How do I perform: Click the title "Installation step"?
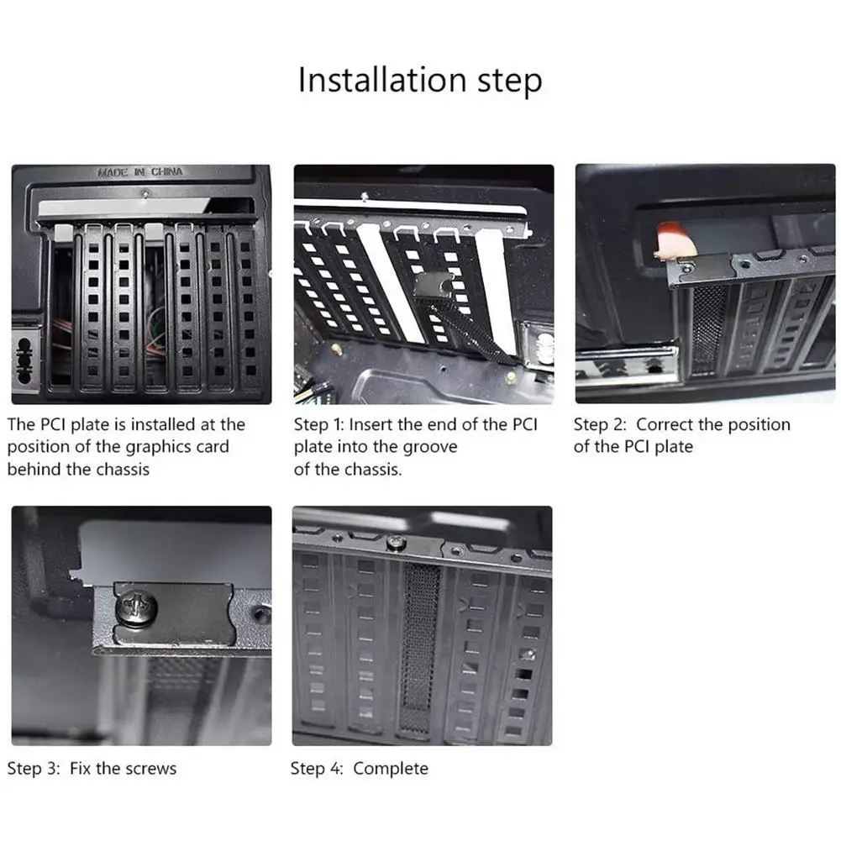(420, 81)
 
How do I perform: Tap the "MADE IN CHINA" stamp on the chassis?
(140, 172)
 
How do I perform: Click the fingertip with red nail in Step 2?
(675, 239)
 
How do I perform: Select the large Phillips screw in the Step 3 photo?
(136, 608)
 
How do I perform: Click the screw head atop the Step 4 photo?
(395, 542)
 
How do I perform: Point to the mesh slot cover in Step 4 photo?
(419, 647)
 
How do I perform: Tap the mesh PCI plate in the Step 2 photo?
(708, 329)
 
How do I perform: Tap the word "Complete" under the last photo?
(391, 769)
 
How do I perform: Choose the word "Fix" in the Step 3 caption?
(80, 769)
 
